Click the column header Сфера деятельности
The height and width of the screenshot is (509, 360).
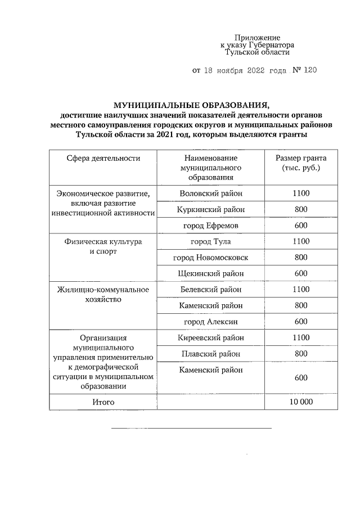[103, 159]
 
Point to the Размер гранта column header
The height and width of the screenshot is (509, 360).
[300, 163]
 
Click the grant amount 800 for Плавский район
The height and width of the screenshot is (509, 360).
[300, 354]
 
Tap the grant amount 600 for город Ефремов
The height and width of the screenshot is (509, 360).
[300, 225]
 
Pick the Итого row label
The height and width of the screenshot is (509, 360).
[103, 402]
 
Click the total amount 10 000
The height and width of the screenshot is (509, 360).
[300, 402]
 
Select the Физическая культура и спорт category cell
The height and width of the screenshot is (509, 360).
[103, 246]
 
